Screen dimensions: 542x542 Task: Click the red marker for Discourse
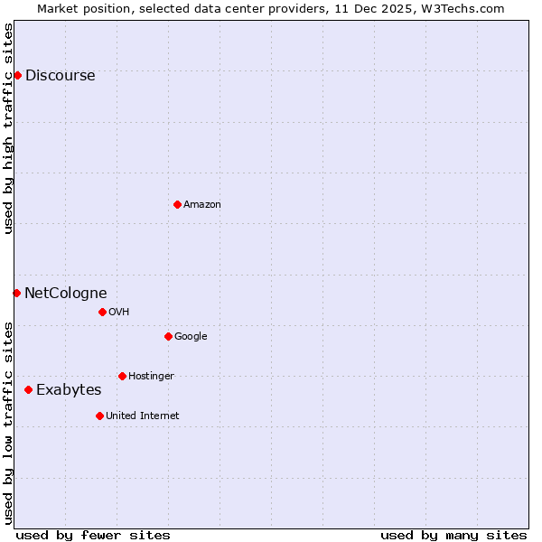17,75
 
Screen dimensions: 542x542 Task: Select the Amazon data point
177,204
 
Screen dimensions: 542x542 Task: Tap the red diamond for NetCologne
16,293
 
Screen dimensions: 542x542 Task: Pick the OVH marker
102,312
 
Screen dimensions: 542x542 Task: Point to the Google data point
168,336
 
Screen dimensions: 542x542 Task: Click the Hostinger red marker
122,376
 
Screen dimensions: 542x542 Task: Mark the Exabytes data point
28,389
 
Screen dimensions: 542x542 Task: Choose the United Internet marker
99,416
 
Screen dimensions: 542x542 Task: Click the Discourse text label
60,75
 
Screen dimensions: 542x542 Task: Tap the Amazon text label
202,204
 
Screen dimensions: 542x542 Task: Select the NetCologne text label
65,293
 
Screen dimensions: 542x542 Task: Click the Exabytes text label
69,389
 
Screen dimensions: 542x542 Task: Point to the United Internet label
143,416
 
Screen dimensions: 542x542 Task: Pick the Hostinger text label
151,376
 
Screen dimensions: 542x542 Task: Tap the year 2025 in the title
401,8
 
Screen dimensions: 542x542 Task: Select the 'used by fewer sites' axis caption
93,535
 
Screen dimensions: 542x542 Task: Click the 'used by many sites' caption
453,535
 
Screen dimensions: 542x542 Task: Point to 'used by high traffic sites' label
8,127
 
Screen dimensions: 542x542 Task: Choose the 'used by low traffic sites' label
8,422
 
